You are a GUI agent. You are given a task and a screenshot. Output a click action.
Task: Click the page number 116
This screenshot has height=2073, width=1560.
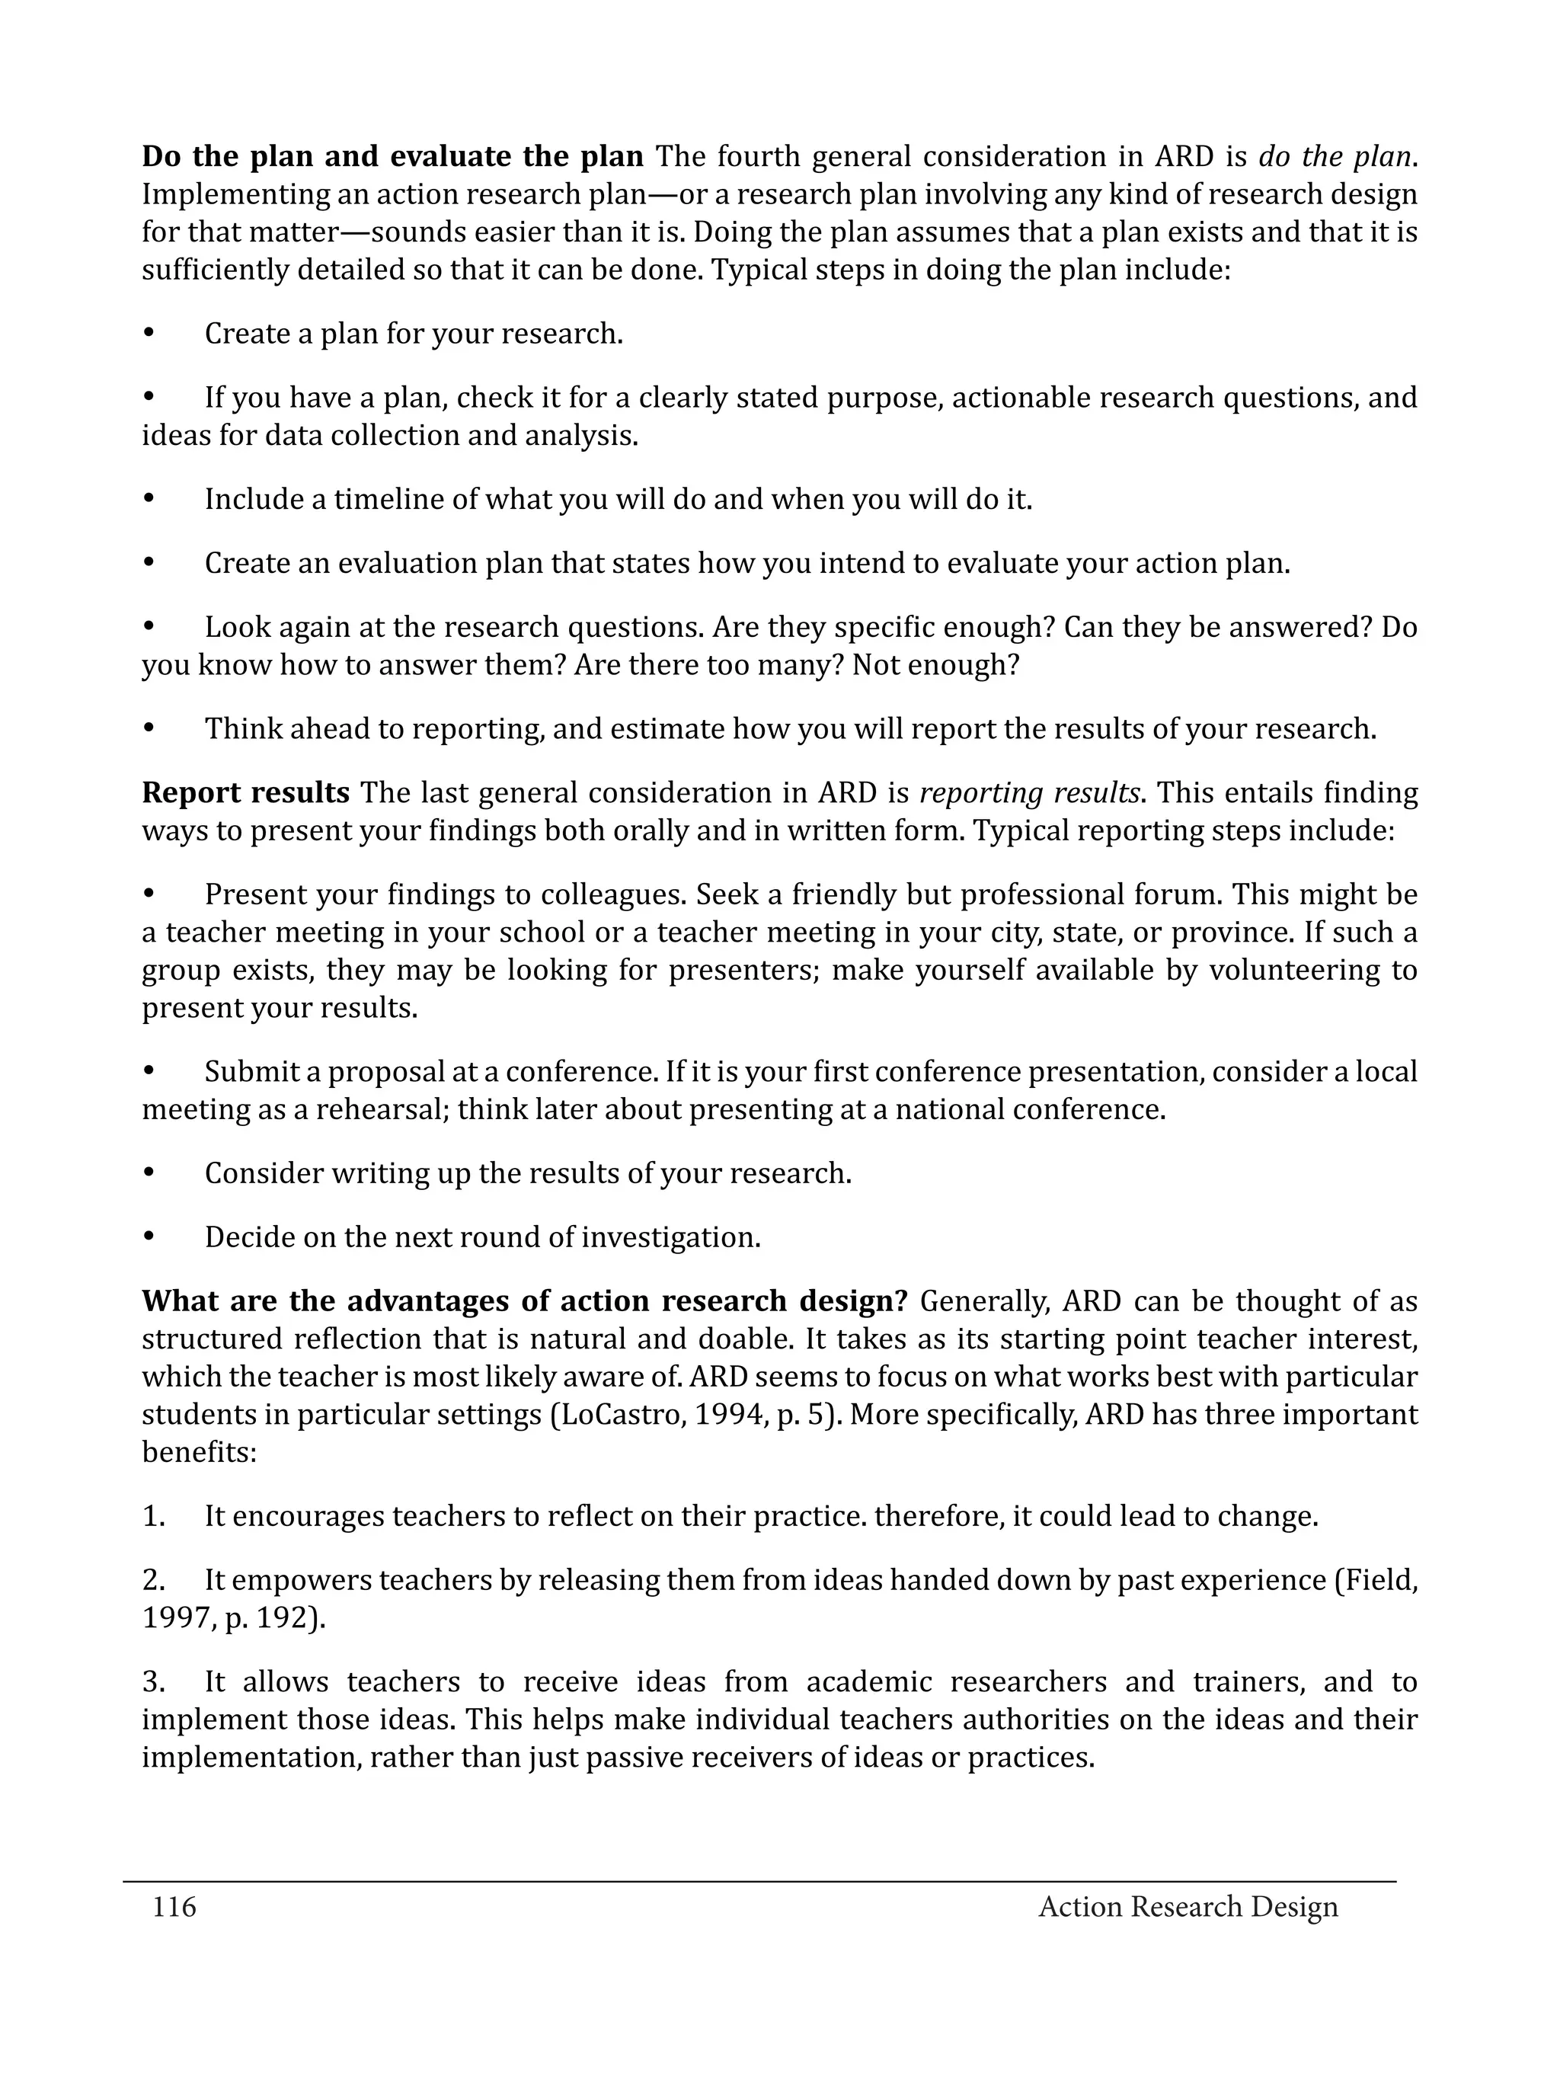tap(174, 1906)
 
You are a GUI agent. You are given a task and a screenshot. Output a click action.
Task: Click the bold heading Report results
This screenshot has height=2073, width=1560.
tap(245, 793)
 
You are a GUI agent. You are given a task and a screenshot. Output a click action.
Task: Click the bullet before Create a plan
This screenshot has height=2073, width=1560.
tap(148, 334)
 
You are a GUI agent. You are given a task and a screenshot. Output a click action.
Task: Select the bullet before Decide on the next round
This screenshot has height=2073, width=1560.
tap(148, 1237)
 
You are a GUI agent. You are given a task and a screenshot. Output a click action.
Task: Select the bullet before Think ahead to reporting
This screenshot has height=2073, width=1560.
tap(148, 729)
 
